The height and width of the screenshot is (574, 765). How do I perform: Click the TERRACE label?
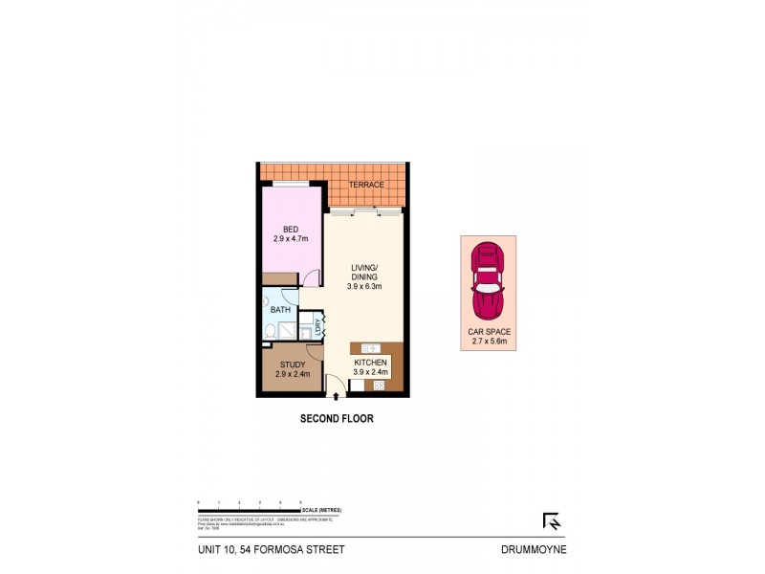coord(365,185)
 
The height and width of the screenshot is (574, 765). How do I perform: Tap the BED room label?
coord(290,229)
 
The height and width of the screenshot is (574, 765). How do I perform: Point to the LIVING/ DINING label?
coord(363,272)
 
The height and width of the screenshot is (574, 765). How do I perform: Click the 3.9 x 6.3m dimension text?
coord(363,286)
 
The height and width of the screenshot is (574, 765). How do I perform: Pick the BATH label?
coord(280,310)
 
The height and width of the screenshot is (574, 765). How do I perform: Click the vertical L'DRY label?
coord(318,325)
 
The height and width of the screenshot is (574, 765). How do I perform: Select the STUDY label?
coord(292,364)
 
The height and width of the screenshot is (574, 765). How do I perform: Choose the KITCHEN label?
coord(370,364)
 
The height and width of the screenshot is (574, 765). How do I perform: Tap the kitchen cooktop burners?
coord(378,386)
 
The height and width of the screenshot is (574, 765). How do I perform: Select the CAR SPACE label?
coord(488,331)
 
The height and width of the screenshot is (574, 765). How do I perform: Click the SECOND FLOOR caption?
coord(336,418)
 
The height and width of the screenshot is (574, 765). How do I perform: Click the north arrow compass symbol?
coord(552,521)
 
